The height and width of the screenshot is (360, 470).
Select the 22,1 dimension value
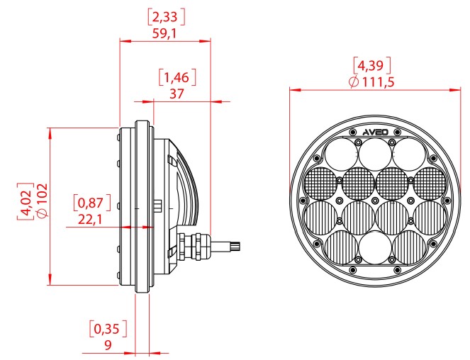pos(90,220)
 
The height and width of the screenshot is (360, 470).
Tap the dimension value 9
pos(107,345)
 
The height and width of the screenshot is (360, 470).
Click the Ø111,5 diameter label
pos(371,83)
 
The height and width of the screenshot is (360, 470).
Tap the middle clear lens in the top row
pos(374,152)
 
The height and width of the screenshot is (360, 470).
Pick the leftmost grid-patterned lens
pos(320,184)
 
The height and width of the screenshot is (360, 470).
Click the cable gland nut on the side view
pos(193,245)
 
